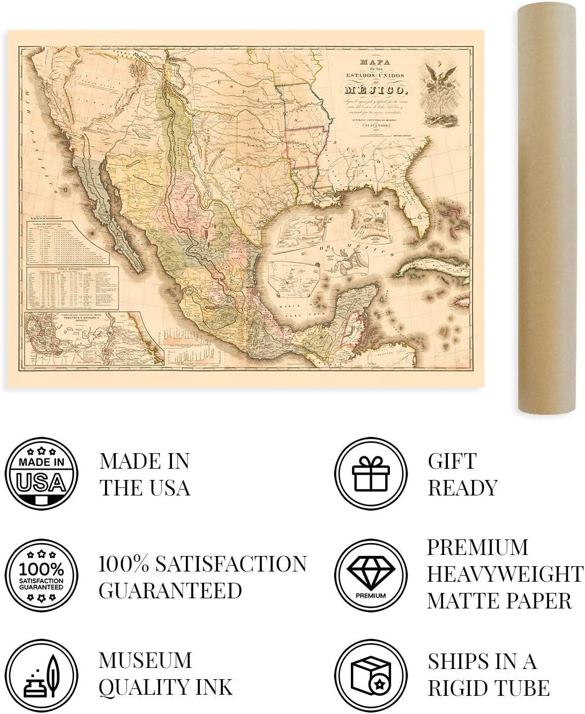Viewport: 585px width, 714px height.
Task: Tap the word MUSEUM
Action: (x=145, y=660)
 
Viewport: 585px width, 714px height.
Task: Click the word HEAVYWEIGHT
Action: (x=505, y=574)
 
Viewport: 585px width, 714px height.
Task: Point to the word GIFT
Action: (x=452, y=461)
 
